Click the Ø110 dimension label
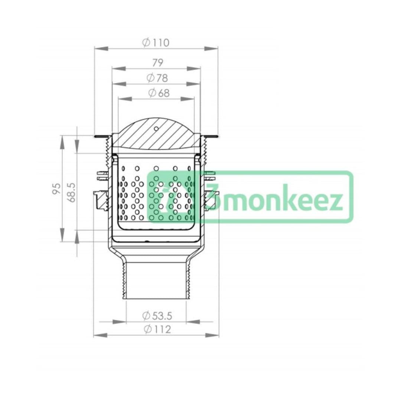156,43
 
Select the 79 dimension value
157,63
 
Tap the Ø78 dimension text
157,78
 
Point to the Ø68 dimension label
159,93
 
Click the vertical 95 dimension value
56,189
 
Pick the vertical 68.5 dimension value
72,192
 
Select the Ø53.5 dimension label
157,316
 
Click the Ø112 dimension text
157,329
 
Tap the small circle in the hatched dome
156,128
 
